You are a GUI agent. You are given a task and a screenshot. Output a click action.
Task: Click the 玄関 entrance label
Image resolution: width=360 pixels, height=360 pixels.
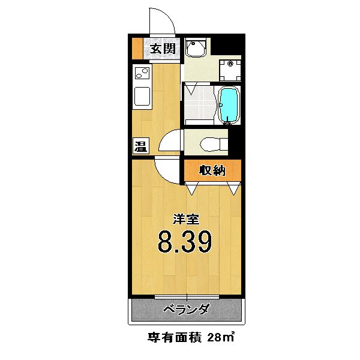[x=162, y=49]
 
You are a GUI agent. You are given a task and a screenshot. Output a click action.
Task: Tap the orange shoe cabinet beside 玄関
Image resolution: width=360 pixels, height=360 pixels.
[x=137, y=49]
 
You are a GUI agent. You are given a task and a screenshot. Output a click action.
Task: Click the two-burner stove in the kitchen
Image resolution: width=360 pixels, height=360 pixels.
[x=142, y=74]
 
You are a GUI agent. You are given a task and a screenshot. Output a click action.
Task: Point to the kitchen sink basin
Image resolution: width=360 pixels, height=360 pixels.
[x=142, y=97]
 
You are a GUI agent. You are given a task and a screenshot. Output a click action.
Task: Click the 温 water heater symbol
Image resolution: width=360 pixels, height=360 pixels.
[x=140, y=146]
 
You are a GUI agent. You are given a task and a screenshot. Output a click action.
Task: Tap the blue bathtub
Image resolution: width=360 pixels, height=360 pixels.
[x=228, y=106]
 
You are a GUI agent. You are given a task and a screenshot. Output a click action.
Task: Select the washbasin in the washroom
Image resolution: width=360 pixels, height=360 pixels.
[x=196, y=47]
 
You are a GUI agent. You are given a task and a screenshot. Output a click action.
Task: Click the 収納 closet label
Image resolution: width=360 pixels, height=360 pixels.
[x=212, y=171]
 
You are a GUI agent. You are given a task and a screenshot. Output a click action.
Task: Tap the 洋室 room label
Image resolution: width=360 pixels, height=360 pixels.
[x=185, y=220]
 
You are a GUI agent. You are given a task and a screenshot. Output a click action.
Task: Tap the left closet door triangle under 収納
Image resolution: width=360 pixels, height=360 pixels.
[x=191, y=189]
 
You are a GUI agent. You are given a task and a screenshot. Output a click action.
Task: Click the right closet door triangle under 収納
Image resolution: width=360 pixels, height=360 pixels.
[x=233, y=189]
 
